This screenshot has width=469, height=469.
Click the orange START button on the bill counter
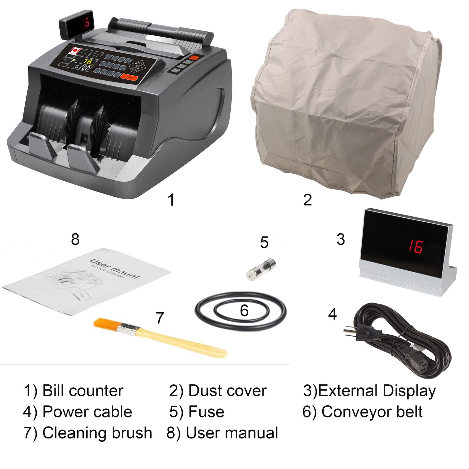[129, 77]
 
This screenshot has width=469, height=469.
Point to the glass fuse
[261, 268]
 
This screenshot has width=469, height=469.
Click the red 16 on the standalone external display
[415, 247]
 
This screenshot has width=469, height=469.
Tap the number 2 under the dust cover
[307, 200]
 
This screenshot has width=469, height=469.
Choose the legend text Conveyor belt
[372, 412]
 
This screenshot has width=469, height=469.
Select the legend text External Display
[377, 391]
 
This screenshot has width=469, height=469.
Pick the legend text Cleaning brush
[97, 433]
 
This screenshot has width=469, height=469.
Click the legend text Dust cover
[227, 391]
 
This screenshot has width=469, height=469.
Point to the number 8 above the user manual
[75, 240]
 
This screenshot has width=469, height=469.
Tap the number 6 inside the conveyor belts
[244, 311]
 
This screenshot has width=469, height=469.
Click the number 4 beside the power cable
[332, 314]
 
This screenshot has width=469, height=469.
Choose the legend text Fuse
[206, 412]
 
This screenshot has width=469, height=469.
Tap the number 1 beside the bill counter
[171, 200]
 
